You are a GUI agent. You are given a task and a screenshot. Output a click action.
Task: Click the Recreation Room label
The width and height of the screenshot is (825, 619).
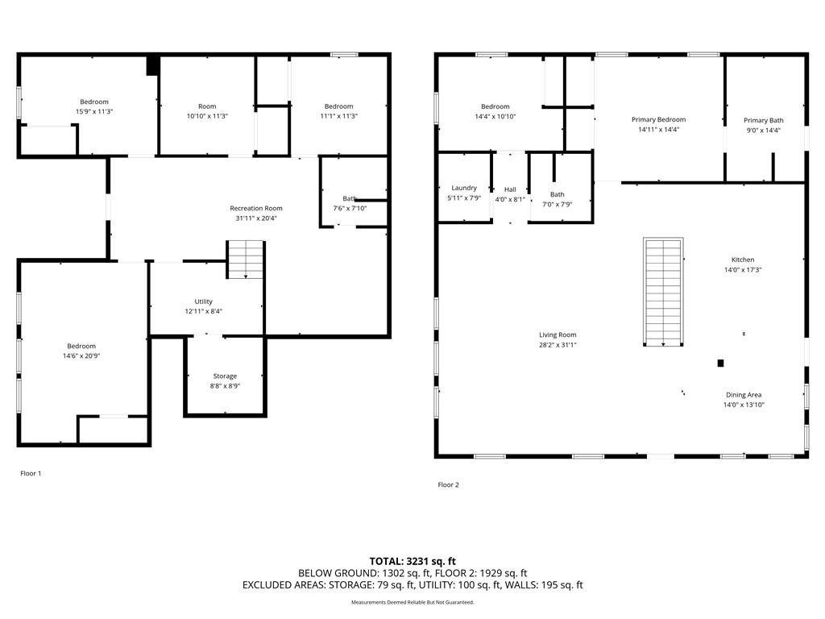[x=256, y=209]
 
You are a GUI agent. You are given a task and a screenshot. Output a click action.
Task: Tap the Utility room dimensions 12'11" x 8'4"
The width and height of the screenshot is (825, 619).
[x=204, y=311]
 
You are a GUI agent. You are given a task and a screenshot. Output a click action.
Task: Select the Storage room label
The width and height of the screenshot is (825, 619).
[x=225, y=376]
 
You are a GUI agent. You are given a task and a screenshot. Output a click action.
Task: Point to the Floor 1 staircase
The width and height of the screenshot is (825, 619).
[x=245, y=260]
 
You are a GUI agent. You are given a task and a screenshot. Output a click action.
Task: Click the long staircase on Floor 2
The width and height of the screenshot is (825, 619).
[x=663, y=292]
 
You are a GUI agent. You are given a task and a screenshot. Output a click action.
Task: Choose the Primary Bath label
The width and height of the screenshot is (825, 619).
[x=764, y=121]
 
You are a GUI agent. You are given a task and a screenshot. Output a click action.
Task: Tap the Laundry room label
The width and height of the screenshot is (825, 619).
[x=464, y=188]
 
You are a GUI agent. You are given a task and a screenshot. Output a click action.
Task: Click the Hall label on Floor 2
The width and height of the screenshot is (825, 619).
[x=510, y=189]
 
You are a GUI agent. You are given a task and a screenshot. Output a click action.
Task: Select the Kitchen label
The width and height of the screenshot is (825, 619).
[x=743, y=260]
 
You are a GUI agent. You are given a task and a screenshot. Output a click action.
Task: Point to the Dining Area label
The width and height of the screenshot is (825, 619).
[x=744, y=395]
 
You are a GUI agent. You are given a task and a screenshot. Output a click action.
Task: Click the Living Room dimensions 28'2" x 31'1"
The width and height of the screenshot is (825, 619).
[x=558, y=345]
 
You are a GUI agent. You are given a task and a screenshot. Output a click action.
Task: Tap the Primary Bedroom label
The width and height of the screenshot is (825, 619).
[x=659, y=119]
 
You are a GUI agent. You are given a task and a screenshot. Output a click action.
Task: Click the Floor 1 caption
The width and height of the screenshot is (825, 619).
[x=31, y=473]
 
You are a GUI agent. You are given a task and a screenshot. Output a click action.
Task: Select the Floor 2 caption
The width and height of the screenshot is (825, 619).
[x=448, y=484]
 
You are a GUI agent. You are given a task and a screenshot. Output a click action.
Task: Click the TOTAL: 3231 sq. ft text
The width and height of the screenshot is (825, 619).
[x=412, y=561]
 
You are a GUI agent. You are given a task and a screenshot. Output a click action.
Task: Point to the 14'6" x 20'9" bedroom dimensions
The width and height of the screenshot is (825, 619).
[x=81, y=355]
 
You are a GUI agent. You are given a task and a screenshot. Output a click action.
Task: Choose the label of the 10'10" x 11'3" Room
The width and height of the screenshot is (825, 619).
[x=207, y=106]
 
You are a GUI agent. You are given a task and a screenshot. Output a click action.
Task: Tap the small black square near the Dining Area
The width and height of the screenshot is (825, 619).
[x=721, y=364]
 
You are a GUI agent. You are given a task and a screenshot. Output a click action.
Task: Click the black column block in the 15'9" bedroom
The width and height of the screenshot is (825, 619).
[x=152, y=65]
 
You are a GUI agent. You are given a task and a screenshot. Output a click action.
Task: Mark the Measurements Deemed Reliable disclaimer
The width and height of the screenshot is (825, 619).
[x=412, y=602]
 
